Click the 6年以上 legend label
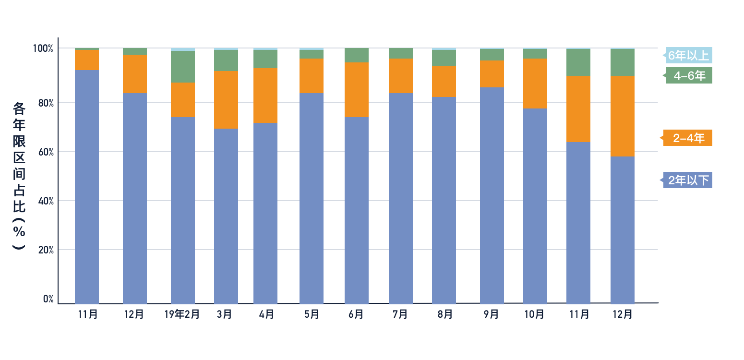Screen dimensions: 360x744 (688, 56)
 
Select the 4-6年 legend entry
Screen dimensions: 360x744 (688, 75)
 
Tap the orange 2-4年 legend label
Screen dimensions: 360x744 (688, 138)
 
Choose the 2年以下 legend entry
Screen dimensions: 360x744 (688, 180)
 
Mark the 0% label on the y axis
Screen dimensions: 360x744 (48, 299)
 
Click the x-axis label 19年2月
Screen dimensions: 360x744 (182, 314)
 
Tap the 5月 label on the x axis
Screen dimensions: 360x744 (311, 314)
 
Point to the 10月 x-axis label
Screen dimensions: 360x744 (534, 314)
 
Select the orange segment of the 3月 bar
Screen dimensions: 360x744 (226, 100)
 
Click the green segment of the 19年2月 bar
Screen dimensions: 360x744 (183, 67)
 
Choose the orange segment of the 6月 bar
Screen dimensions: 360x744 (357, 90)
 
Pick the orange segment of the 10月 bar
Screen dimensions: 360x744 (535, 84)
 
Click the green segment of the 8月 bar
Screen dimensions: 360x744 (444, 58)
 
